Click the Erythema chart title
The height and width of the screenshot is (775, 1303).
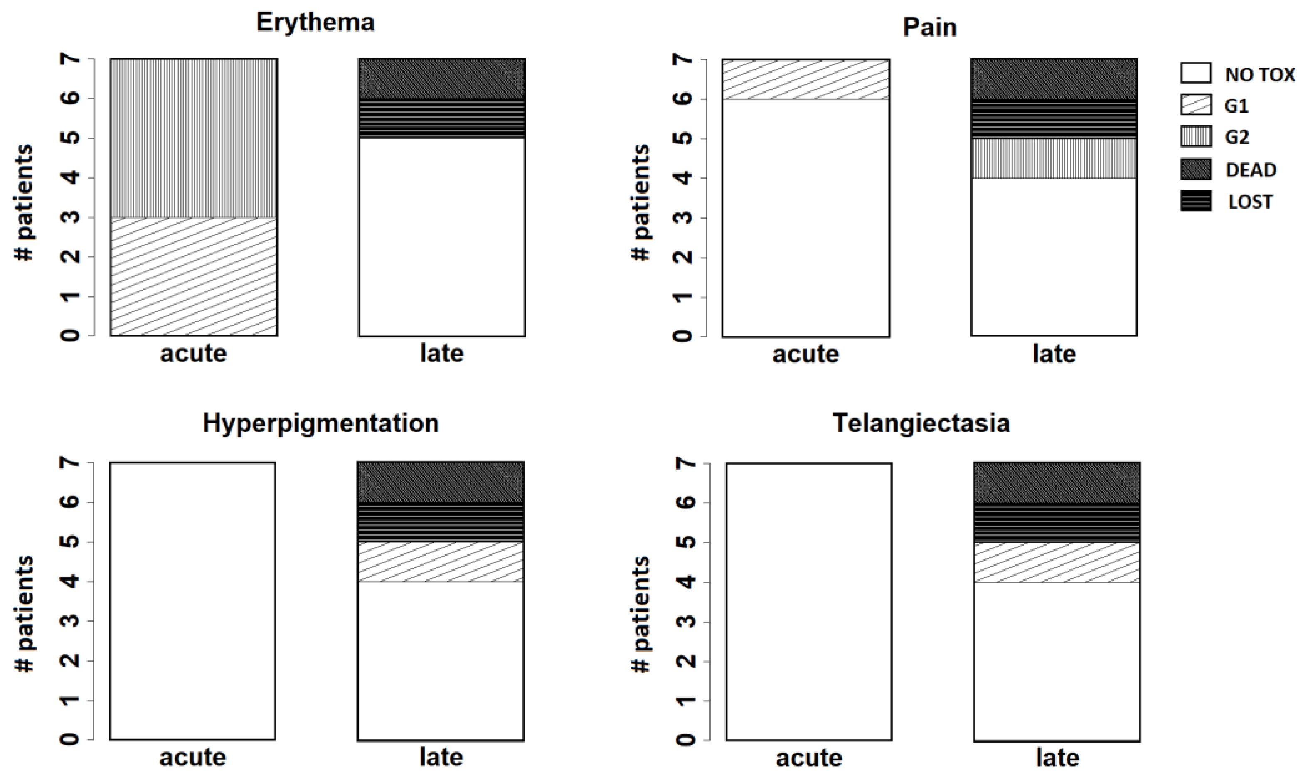coord(315,22)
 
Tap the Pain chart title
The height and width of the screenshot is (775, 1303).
coord(930,27)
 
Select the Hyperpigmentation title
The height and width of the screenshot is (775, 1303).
coord(320,423)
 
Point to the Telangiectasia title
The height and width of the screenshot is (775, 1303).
coord(921,423)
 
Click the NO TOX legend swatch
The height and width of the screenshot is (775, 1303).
coord(1196,73)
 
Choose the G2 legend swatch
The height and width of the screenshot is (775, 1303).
coord(1196,137)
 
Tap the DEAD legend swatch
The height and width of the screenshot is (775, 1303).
coord(1196,170)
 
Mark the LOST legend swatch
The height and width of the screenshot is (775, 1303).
coord(1196,201)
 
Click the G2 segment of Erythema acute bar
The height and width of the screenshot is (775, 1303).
coord(194,138)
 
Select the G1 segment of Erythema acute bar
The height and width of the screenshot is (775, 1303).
coord(194,276)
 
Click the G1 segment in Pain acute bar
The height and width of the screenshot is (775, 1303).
coord(806,79)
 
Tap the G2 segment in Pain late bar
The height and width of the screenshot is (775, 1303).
coord(1054,158)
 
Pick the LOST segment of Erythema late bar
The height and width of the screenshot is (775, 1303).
coord(442,118)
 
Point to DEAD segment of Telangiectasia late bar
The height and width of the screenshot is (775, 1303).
coord(1057,482)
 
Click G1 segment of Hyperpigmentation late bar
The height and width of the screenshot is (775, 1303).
coord(441,562)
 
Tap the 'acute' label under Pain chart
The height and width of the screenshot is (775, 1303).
coord(806,354)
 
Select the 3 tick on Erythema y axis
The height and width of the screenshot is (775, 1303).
coord(73,217)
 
